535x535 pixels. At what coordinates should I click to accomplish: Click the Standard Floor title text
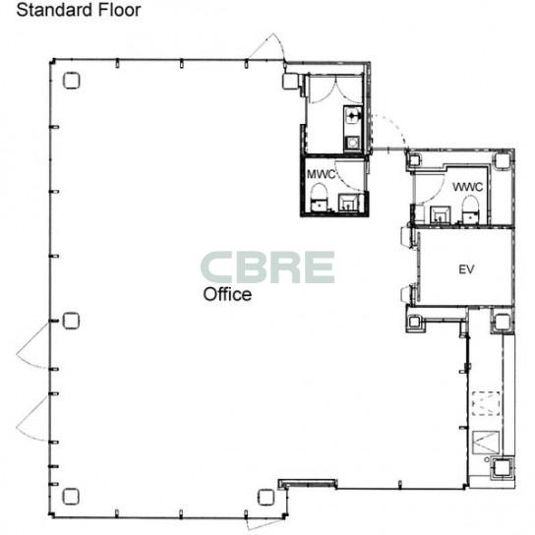(79, 10)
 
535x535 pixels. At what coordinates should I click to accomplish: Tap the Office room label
(227, 294)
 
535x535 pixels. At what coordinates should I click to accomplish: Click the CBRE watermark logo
(267, 267)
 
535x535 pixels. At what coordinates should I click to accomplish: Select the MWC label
(321, 174)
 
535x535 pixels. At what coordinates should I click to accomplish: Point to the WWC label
(467, 187)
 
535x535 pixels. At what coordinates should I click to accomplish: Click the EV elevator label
(466, 269)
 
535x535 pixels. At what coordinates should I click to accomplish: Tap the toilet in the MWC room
(319, 198)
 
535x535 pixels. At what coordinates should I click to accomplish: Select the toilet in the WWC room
(471, 208)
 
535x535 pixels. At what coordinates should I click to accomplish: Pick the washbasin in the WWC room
(441, 214)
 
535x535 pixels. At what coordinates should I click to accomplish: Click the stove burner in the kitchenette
(352, 115)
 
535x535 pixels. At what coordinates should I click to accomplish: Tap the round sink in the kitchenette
(352, 143)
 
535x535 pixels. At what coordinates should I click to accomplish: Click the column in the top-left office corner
(72, 81)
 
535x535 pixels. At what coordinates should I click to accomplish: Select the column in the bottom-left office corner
(71, 497)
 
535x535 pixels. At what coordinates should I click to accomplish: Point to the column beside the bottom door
(266, 497)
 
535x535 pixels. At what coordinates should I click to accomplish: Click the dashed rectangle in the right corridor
(486, 403)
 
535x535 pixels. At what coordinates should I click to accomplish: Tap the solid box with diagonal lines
(486, 443)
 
